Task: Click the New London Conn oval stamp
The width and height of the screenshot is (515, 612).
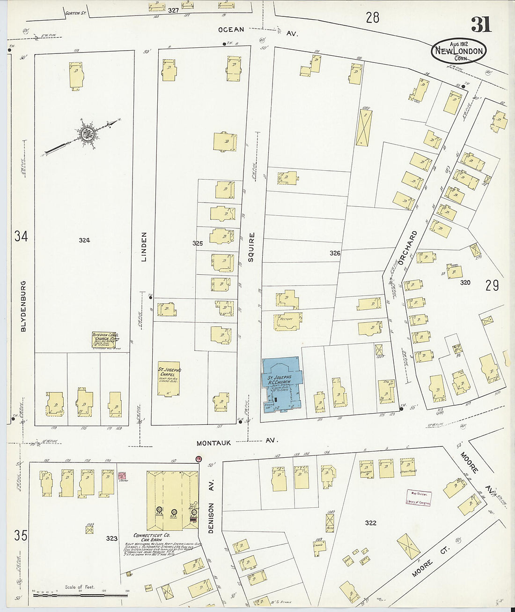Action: point(459,51)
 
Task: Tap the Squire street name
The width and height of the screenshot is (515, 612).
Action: point(252,247)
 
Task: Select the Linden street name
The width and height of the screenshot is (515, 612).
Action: point(144,246)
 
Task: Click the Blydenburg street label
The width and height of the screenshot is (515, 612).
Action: point(23,306)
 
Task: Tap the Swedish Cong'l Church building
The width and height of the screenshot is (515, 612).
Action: point(104,340)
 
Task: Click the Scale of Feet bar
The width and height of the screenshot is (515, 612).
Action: point(80,595)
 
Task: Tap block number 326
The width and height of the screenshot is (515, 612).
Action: point(335,253)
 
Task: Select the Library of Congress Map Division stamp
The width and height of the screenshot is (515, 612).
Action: point(418,498)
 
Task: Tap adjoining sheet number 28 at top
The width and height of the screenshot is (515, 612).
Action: point(372,18)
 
